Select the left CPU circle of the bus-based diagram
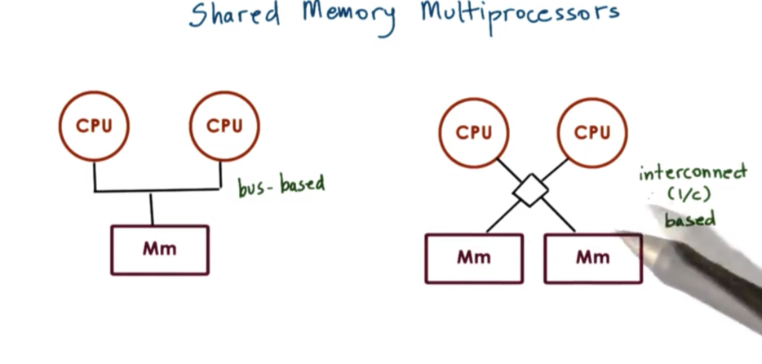pos(94,126)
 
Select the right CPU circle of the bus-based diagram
pos(224,126)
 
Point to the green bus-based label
pos(281,185)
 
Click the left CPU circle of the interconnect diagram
pos(474,131)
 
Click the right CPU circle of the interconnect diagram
pos(591,131)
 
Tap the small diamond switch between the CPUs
pos(531,191)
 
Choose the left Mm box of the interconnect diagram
pos(474,258)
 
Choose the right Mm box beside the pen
pos(592,258)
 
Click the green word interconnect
pos(693,173)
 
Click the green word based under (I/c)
pos(689,220)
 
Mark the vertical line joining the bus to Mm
pos(152,209)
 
